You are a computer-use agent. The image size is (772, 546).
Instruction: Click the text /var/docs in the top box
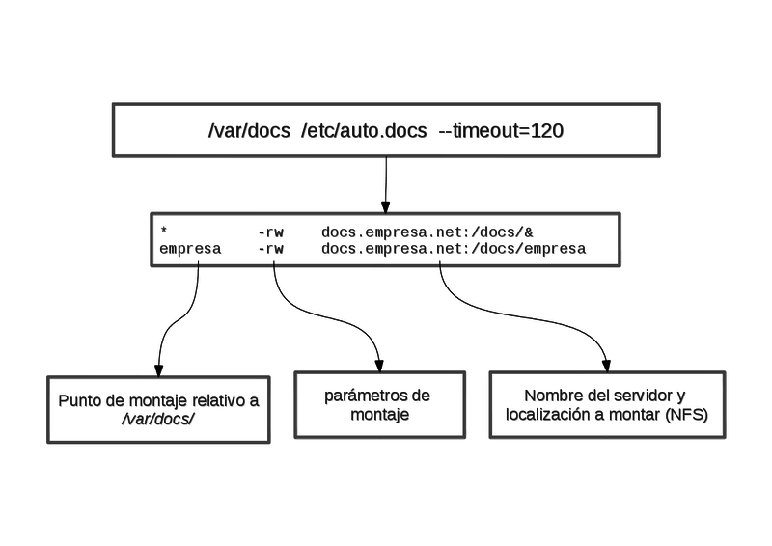click(x=242, y=130)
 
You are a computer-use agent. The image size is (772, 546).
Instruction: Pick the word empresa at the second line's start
click(x=190, y=249)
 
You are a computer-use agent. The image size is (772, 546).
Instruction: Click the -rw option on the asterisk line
click(x=270, y=232)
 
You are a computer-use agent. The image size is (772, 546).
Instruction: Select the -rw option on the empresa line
click(x=270, y=249)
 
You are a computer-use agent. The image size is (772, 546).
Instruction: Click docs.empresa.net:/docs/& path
click(x=427, y=232)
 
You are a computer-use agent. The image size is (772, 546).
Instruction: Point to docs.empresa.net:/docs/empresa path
click(x=454, y=249)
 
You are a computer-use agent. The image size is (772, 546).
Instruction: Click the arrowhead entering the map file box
click(x=386, y=206)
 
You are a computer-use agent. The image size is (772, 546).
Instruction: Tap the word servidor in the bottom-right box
click(x=620, y=396)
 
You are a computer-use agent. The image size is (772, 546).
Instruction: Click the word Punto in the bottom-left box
click(x=79, y=401)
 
